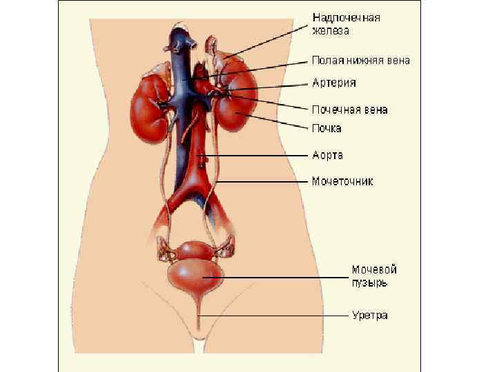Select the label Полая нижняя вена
click(x=361, y=61)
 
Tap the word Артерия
click(x=334, y=83)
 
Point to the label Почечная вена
click(x=349, y=110)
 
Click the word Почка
click(x=327, y=128)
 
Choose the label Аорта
click(x=327, y=156)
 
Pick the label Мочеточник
click(x=342, y=182)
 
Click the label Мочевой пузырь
click(x=374, y=276)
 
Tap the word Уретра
click(x=369, y=316)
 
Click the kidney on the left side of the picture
click(x=147, y=103)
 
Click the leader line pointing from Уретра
click(x=276, y=316)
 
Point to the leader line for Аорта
click(x=255, y=156)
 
